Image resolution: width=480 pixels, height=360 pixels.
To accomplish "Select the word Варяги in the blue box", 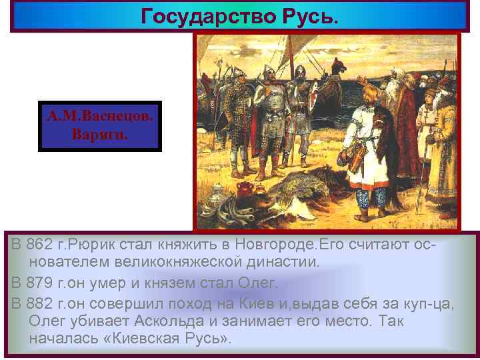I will tap(99, 133).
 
